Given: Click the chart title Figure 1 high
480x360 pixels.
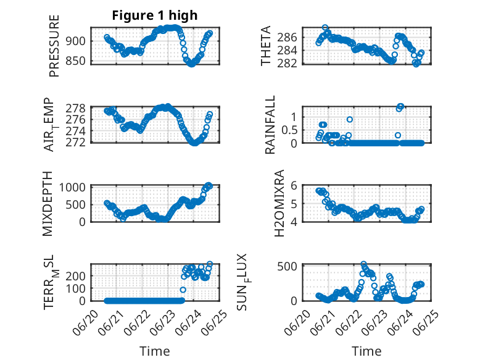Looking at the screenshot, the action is [x=155, y=15].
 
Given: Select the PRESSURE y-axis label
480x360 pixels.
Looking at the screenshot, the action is [x=54, y=46].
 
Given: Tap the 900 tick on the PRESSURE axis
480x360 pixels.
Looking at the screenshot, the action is [x=76, y=41].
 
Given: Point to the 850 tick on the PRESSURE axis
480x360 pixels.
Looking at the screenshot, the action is [x=76, y=61].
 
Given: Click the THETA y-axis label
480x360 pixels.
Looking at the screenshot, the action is [x=266, y=46].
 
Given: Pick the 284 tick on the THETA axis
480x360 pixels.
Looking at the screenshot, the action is [x=287, y=50].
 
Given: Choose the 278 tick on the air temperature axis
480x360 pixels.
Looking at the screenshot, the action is [x=76, y=108].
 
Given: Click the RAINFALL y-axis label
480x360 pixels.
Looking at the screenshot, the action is [x=270, y=125].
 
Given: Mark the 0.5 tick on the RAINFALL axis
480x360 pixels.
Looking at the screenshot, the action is [x=289, y=130].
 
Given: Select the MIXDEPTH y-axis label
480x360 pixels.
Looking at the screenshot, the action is [x=48, y=204].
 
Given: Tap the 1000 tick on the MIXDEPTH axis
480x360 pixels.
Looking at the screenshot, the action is [x=72, y=187].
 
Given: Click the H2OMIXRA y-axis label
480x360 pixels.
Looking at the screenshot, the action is [x=279, y=203].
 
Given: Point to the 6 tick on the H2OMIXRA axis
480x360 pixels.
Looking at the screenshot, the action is [x=294, y=185].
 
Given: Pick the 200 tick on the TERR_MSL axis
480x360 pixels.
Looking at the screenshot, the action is [x=76, y=276].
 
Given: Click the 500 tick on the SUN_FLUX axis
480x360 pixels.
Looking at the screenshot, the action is [x=287, y=266].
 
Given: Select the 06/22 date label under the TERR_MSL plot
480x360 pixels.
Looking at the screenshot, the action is [x=138, y=322].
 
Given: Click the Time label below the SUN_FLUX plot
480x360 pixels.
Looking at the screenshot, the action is [x=366, y=351].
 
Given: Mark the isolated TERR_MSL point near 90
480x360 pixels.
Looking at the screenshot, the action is [x=183, y=290].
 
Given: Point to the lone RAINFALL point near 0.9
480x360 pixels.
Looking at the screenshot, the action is [x=350, y=119].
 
